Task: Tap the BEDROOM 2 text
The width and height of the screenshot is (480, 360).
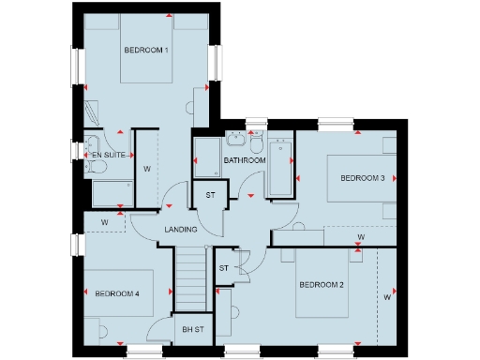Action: click(x=322, y=285)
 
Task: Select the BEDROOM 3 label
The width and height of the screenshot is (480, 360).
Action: click(x=362, y=178)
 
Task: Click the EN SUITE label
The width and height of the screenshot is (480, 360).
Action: click(x=107, y=154)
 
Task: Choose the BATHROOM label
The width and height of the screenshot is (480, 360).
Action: click(x=245, y=160)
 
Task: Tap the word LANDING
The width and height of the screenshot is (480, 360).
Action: click(x=180, y=229)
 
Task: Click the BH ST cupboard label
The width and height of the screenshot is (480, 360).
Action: click(x=193, y=330)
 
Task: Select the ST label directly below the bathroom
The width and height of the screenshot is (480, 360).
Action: click(x=211, y=195)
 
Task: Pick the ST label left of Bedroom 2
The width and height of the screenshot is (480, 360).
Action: click(x=223, y=268)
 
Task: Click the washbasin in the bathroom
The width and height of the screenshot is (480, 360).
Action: click(x=235, y=142)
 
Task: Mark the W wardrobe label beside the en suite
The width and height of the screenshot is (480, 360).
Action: click(x=147, y=169)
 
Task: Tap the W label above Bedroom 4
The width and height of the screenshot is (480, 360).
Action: click(x=105, y=222)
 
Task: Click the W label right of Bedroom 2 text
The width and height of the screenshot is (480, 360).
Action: click(x=386, y=298)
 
